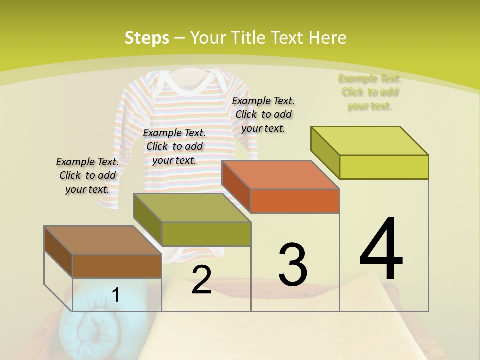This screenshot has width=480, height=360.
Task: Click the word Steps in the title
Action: pos(147,38)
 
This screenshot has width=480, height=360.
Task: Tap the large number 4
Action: pos(381,249)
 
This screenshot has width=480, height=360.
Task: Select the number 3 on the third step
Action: pos(292,264)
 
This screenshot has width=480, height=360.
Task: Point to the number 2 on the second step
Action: pos(201,280)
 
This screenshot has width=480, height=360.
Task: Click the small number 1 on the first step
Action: pos(115,295)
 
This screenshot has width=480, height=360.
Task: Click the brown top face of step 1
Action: pos(102,240)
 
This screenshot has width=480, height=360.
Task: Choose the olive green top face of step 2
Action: pos(192,207)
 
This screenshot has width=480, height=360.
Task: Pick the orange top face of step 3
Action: pos(280,175)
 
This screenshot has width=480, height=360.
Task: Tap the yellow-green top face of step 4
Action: pos(370,141)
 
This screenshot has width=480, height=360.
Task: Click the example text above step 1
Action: pos(87,175)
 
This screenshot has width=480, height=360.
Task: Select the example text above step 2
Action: pos(174,146)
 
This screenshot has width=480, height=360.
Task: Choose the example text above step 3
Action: pos(263,114)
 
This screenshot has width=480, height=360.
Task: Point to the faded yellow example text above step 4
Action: pos(370,92)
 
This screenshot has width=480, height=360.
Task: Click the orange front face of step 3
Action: pos(294,201)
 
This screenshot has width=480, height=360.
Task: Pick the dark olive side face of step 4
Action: pos(325,152)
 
